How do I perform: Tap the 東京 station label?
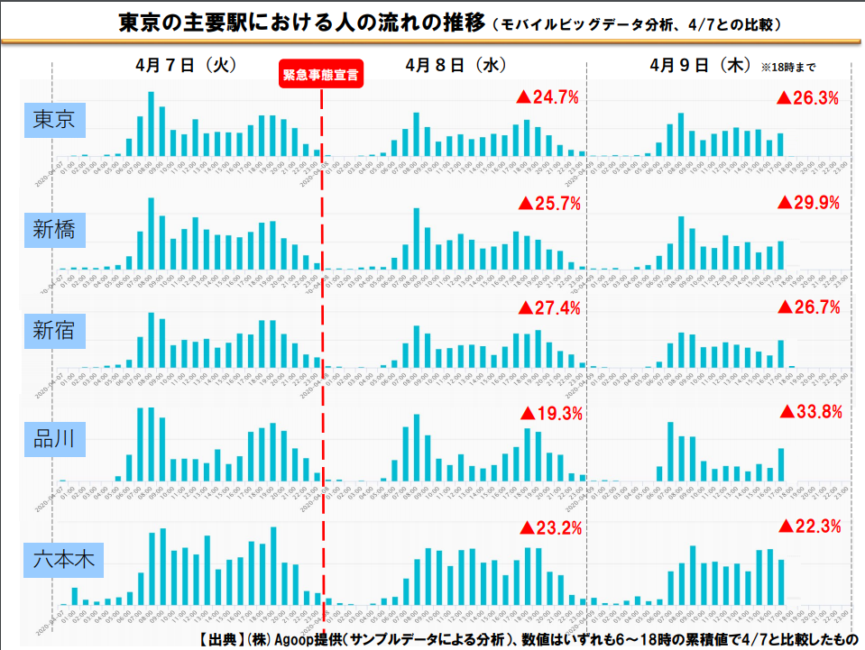[53, 120]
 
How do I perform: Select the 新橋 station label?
[53, 231]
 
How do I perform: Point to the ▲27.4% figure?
[548, 307]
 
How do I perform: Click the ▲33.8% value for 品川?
[810, 412]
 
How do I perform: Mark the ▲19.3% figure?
[550, 414]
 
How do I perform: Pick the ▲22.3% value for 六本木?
[809, 526]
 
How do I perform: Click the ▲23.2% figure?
[548, 527]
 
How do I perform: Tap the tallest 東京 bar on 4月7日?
[152, 124]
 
